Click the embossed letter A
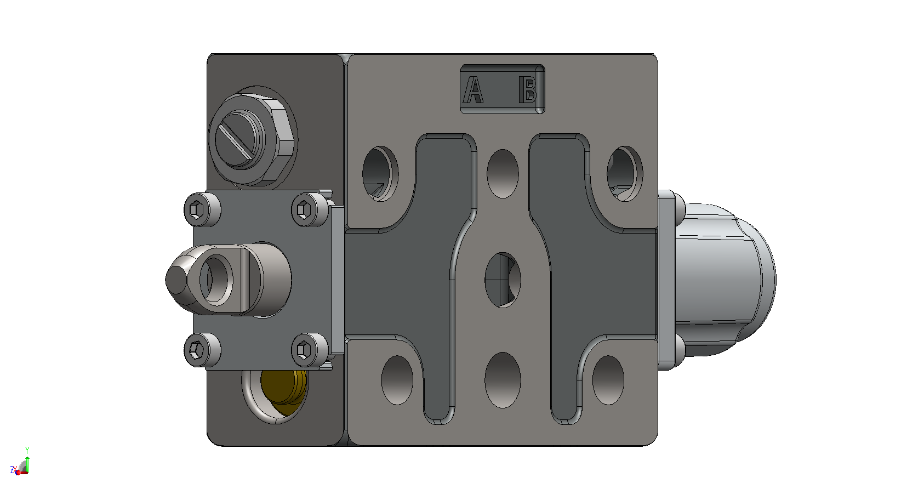click(x=473, y=89)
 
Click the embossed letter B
click(x=528, y=89)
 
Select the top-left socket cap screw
click(x=202, y=209)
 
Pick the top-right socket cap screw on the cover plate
click(x=309, y=209)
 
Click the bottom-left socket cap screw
click(x=202, y=350)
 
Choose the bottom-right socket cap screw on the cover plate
click(x=309, y=350)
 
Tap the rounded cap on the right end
click(x=725, y=280)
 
